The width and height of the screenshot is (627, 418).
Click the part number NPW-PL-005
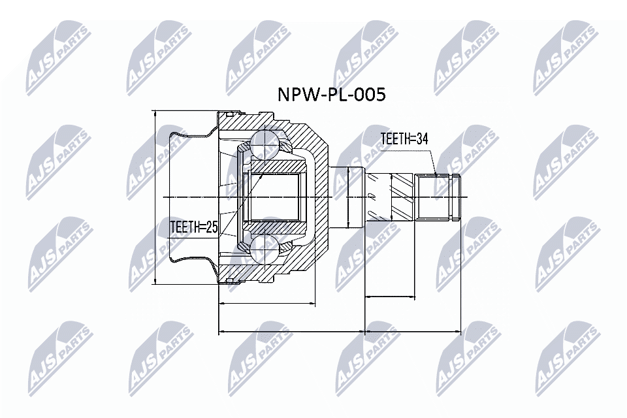click(x=332, y=95)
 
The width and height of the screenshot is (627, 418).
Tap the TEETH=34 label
click(x=404, y=139)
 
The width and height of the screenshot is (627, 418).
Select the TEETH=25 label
click(x=193, y=227)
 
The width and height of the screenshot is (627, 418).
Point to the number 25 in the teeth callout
click(x=210, y=227)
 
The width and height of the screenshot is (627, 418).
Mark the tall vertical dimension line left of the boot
click(x=155, y=197)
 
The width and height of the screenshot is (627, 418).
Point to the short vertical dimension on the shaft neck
click(x=349, y=197)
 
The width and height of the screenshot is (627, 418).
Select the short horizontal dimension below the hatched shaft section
click(x=390, y=297)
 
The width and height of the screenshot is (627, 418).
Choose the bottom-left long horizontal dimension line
click(x=291, y=331)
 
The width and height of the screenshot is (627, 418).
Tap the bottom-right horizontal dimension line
click(x=413, y=331)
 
